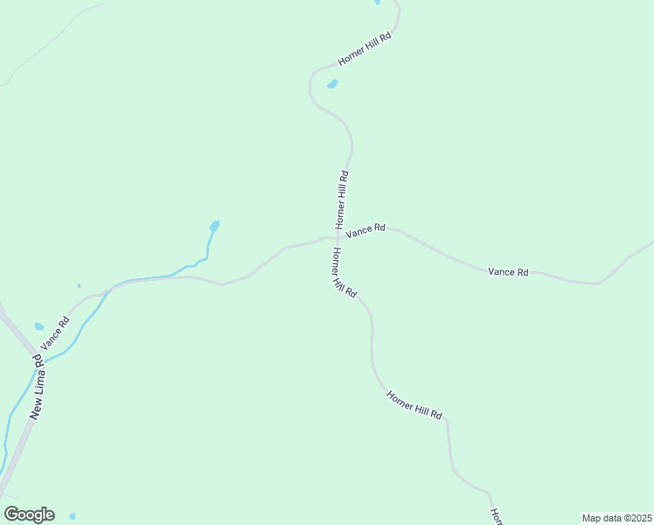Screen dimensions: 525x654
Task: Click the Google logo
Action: [x=30, y=514]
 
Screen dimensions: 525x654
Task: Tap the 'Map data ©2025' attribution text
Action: [x=617, y=518]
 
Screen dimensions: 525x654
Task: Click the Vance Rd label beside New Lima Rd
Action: [x=55, y=334]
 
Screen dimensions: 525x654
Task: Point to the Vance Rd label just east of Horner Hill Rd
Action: [x=365, y=231]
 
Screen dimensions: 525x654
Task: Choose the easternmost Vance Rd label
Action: [x=508, y=272]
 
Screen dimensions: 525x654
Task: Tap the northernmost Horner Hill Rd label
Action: [x=363, y=51]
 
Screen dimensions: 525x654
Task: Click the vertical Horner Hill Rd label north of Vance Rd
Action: [x=342, y=199]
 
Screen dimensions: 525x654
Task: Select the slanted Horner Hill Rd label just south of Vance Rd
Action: [x=344, y=273]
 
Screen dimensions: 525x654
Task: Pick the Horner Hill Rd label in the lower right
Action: [x=414, y=403]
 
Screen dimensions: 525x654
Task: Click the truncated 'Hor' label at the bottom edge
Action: [x=495, y=516]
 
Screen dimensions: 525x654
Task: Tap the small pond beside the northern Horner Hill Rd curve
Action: [x=332, y=85]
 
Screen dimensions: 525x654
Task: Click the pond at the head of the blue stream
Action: [x=214, y=226]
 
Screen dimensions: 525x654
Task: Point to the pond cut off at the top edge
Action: [x=377, y=3]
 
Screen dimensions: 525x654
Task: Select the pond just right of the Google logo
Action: [x=72, y=516]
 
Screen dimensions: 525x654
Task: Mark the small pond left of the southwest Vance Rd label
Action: [x=39, y=326]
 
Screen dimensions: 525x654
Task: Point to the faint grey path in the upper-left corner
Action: [x=52, y=39]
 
